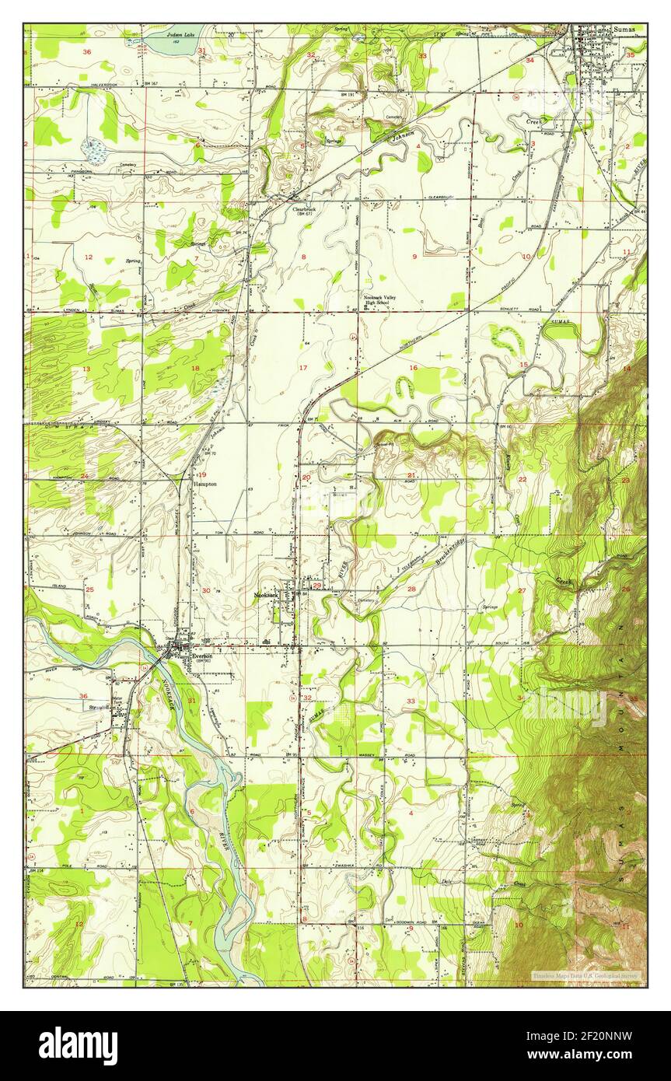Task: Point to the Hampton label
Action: [x=205, y=483]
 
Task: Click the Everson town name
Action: [x=201, y=655]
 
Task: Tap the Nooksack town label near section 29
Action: [x=266, y=596]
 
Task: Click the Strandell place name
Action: [x=99, y=708]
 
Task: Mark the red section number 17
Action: [x=302, y=367]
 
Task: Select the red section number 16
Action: [x=414, y=367]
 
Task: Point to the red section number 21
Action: [x=411, y=475]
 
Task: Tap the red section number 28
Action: [x=411, y=589]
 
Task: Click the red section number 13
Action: [x=86, y=369]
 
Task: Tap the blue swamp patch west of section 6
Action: [x=96, y=149]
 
